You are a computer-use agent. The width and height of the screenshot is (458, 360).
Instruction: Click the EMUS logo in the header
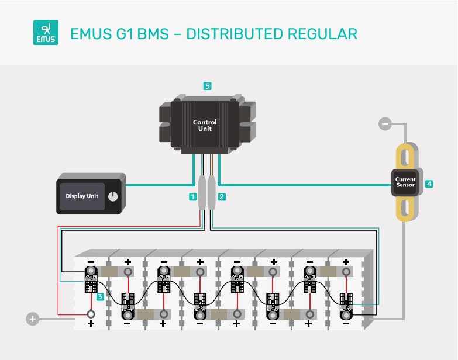[46, 33]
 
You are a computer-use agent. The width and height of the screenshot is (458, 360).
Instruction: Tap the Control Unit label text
[205, 125]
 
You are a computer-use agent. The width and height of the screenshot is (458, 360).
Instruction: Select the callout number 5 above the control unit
[207, 85]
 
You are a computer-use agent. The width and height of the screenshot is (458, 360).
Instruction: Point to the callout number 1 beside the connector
[192, 197]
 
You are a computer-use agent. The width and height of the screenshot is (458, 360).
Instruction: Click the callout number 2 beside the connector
[222, 197]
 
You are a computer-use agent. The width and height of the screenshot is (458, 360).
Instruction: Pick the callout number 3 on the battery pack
[101, 297]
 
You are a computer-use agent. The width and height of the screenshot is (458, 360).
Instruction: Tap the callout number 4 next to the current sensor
[429, 184]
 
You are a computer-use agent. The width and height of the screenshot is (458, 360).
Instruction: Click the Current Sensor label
[405, 182]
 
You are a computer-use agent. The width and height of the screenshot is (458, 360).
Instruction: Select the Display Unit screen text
[82, 196]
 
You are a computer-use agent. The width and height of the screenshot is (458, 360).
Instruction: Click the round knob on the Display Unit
[113, 196]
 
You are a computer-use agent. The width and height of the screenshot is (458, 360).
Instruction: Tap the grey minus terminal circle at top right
[385, 124]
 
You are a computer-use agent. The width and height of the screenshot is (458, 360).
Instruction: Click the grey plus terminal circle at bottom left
[33, 319]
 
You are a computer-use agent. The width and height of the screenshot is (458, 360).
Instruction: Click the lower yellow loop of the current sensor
[405, 209]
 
